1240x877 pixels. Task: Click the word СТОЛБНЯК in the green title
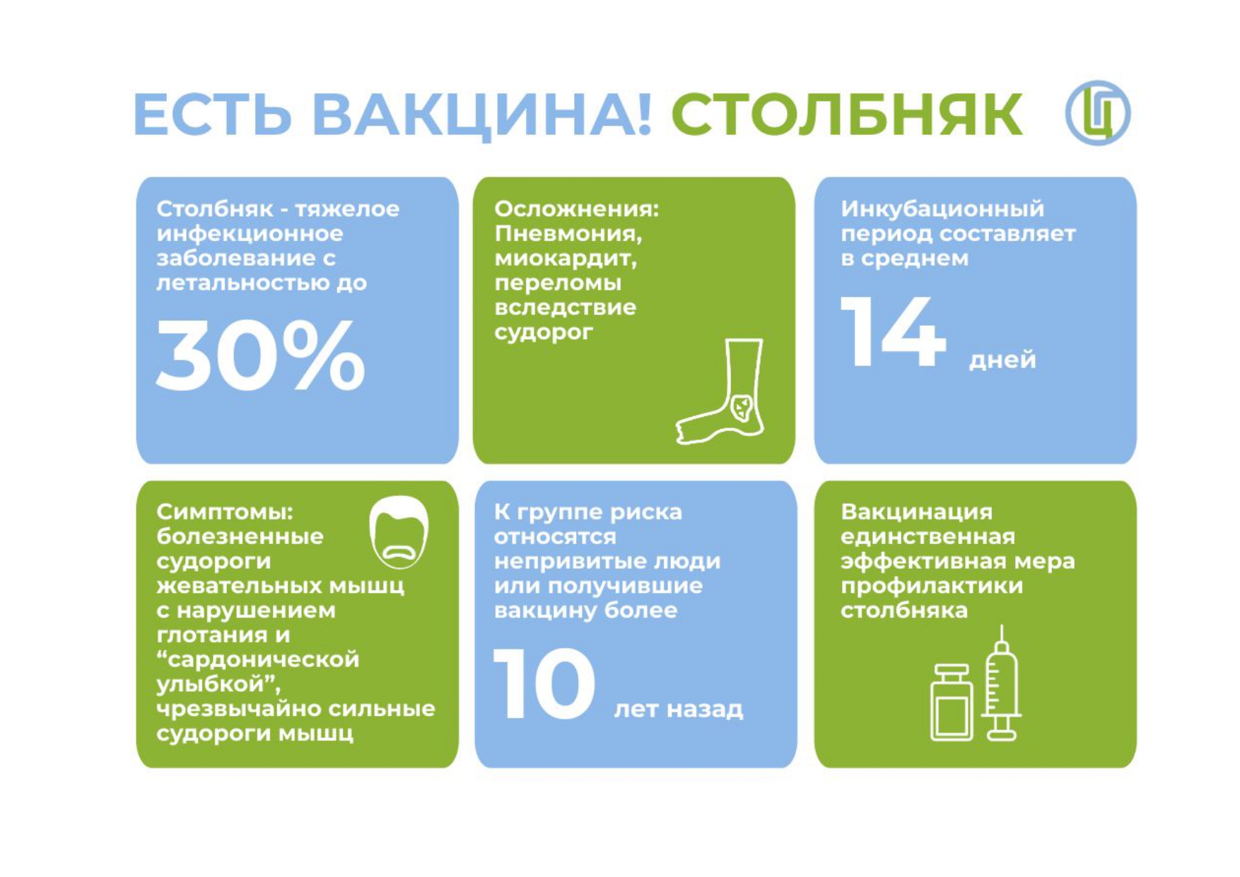846,114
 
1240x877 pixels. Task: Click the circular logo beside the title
1098,113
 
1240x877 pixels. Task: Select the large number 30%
260,355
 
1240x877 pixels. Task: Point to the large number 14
892,331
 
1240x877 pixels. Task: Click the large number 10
544,684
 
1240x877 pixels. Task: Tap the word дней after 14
1002,360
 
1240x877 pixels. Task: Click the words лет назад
679,709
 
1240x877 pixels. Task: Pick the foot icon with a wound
720,392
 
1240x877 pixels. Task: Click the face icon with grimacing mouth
399,532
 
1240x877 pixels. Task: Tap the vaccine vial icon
952,702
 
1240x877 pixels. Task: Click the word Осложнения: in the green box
576,209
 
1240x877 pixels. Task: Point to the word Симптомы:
225,512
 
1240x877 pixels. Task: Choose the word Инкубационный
942,209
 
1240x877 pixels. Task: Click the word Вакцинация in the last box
916,512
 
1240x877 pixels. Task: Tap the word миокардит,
566,259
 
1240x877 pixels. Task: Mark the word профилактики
932,587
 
